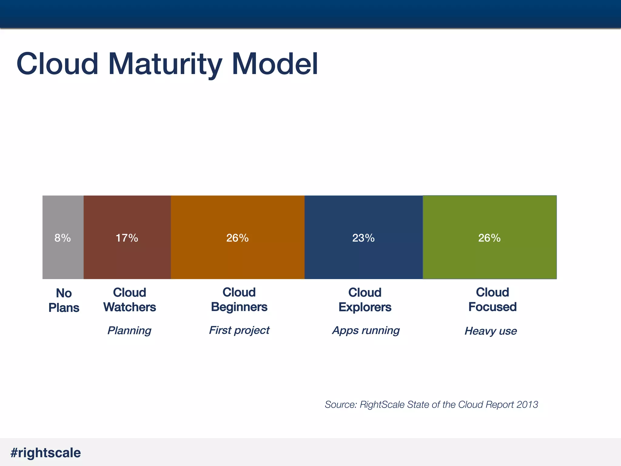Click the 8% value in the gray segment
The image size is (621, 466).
[62, 238]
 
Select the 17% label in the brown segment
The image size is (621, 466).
[127, 238]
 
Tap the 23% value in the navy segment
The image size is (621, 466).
[363, 238]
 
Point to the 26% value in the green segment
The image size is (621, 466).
[489, 238]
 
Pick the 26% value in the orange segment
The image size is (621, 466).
[237, 238]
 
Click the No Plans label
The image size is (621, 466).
[64, 300]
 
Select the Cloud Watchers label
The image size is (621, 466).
[129, 300]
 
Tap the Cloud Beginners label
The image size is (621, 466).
[239, 299]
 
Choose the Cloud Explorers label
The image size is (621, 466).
[365, 300]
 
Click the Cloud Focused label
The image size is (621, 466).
[492, 299]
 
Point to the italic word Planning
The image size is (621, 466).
[129, 330]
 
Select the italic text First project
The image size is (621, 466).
[239, 330]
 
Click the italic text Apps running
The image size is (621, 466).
[366, 330]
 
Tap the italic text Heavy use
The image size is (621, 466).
[491, 331]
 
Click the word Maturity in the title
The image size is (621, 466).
[165, 64]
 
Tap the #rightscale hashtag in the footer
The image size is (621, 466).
[45, 453]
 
